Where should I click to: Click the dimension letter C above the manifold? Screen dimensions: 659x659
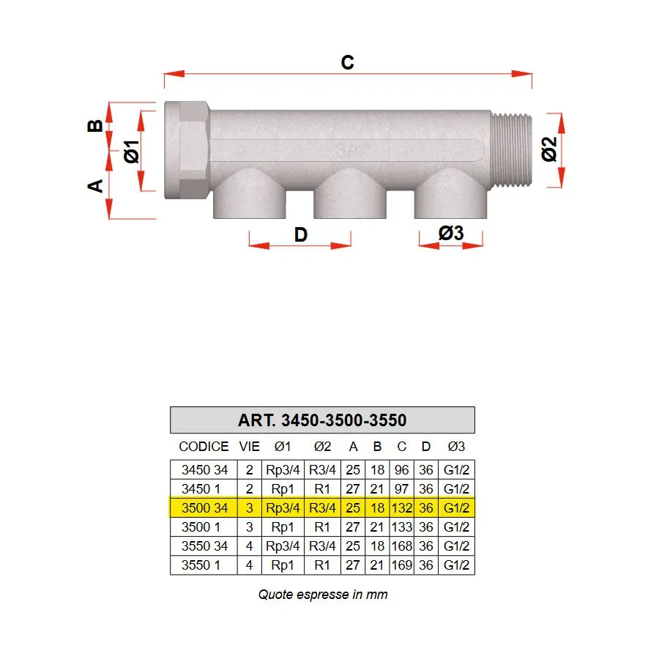point(348,62)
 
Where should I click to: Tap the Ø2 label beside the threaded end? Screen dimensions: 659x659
point(549,149)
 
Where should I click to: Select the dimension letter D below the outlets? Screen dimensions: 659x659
point(300,234)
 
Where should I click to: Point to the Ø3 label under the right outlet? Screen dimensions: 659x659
point(451,233)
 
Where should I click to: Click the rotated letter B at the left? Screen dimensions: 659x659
point(95,126)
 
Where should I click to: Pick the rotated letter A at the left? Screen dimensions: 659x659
point(95,186)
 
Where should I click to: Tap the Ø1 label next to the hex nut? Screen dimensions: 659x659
point(132,152)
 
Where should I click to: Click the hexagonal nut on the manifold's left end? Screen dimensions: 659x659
point(187,150)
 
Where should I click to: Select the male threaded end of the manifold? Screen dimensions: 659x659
point(512,149)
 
